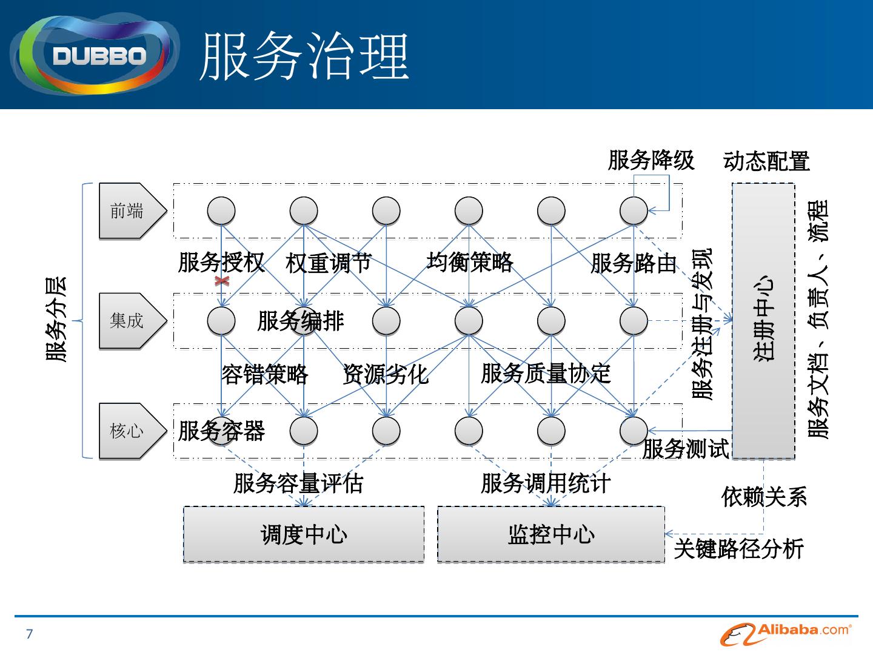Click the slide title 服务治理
tap(304, 56)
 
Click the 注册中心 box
tap(763, 320)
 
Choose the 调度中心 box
tap(304, 534)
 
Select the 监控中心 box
tap(550, 534)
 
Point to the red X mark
tap(222, 281)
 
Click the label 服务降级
tap(651, 161)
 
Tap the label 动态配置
tap(766, 162)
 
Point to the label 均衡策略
tap(470, 262)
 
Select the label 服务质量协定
tap(546, 374)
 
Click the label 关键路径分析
tap(738, 548)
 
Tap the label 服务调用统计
tap(546, 483)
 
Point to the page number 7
tap(29, 635)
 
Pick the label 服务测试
tap(685, 449)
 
